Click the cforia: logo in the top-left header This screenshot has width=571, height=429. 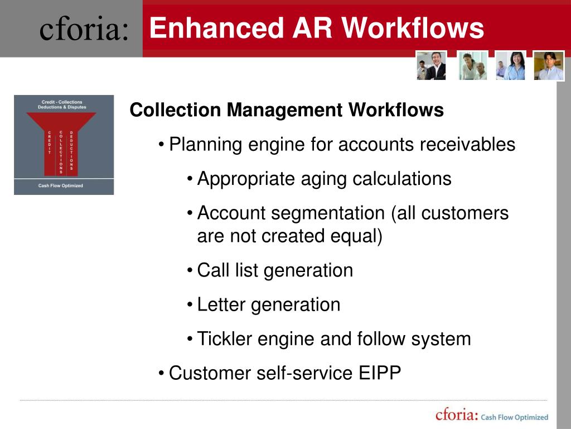pos(84,29)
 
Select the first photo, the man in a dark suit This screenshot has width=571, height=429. pos(431,65)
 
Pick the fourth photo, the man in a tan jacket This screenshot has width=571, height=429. pos(549,65)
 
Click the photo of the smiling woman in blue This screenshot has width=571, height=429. pos(510,65)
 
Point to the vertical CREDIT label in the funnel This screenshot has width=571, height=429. pos(49,142)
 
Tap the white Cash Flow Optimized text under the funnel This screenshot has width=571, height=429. pos(61,186)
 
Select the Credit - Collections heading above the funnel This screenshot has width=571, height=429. pos(62,102)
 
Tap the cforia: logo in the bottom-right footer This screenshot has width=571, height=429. pos(457,416)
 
